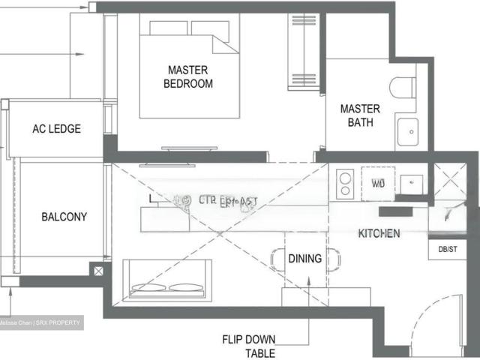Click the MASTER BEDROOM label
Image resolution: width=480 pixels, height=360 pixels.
coord(187,76)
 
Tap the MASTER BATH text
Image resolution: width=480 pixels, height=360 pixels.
coord(360,115)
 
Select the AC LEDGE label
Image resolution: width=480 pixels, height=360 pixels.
coord(56,129)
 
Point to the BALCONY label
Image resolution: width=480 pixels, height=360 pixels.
coord(64,217)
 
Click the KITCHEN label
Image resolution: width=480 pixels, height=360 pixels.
coord(379,234)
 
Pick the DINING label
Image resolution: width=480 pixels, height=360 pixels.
coord(305,259)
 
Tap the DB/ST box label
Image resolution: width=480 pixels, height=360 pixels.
coord(440,247)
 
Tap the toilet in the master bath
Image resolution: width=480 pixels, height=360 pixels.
coord(405,87)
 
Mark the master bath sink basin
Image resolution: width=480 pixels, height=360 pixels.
coord(409,132)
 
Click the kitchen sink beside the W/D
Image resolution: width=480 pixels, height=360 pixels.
coord(411,183)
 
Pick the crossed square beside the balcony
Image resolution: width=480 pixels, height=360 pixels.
coord(97,269)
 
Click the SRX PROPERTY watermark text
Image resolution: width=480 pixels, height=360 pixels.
coord(41,322)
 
